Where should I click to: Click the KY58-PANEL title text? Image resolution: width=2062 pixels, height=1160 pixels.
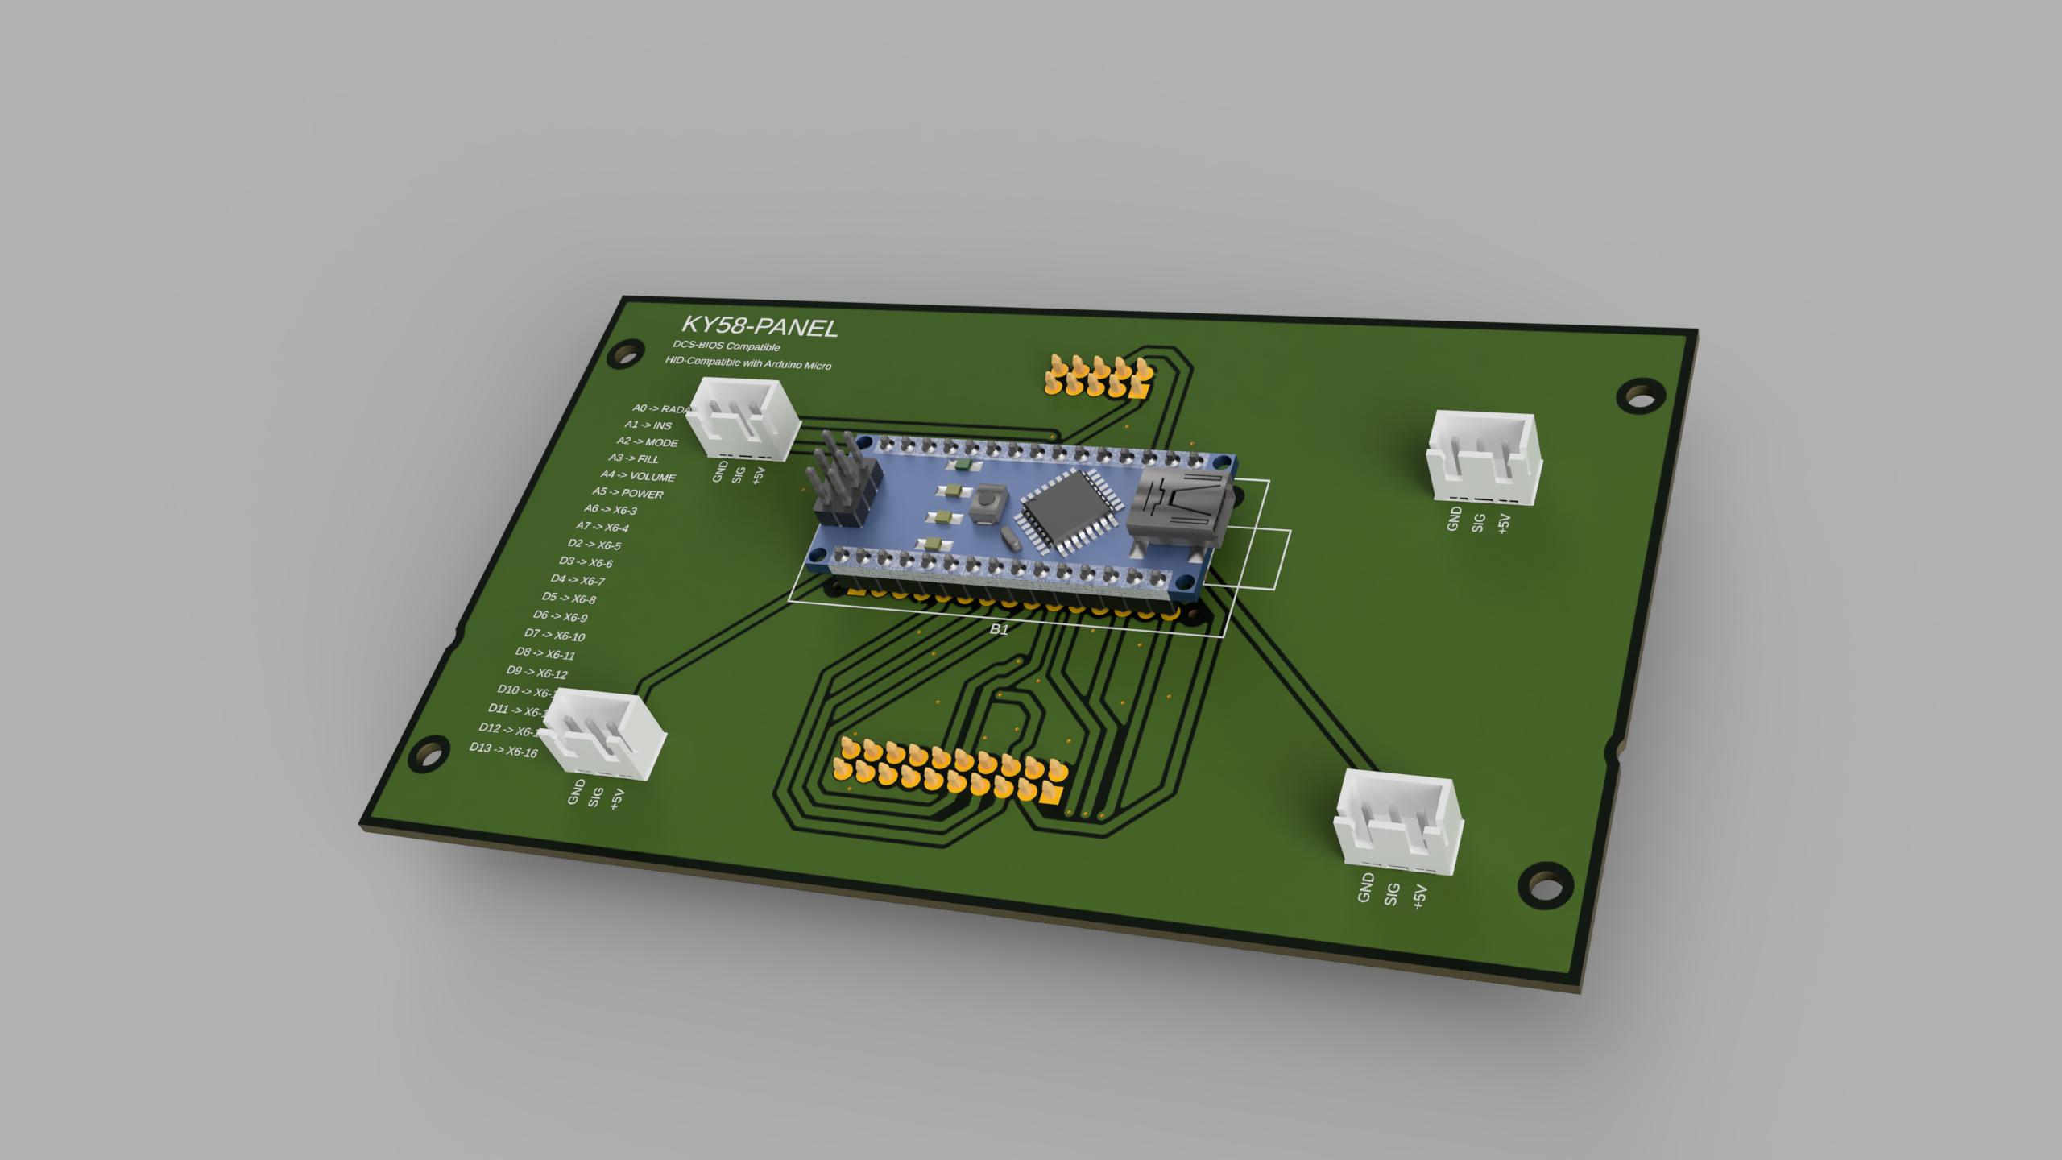(759, 326)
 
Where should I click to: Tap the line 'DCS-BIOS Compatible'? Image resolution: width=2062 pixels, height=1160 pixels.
(727, 346)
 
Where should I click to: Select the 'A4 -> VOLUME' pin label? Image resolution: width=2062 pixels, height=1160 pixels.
(637, 476)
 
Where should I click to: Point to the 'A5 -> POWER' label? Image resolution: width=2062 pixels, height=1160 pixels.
(627, 493)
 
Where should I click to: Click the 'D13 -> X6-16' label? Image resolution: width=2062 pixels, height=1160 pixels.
(503, 751)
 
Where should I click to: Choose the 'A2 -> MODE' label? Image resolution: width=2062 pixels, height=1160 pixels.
(647, 441)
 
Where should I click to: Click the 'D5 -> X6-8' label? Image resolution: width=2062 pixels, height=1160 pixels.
(569, 598)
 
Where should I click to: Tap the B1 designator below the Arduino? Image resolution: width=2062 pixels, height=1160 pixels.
(998, 629)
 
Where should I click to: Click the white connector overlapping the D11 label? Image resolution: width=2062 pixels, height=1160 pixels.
(602, 734)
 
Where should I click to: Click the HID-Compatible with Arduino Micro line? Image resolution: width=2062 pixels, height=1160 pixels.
(747, 363)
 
